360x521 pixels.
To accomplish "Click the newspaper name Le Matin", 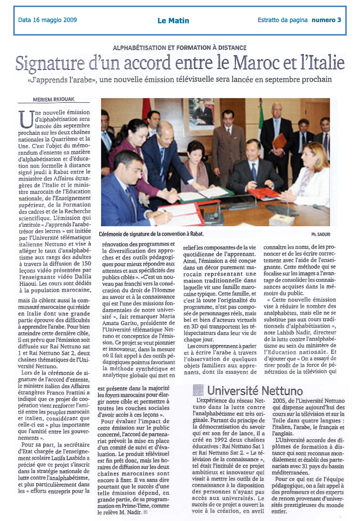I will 173,21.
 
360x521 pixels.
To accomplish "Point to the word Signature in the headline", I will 56,63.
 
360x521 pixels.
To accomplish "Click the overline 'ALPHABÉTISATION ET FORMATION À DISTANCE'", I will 179,47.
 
